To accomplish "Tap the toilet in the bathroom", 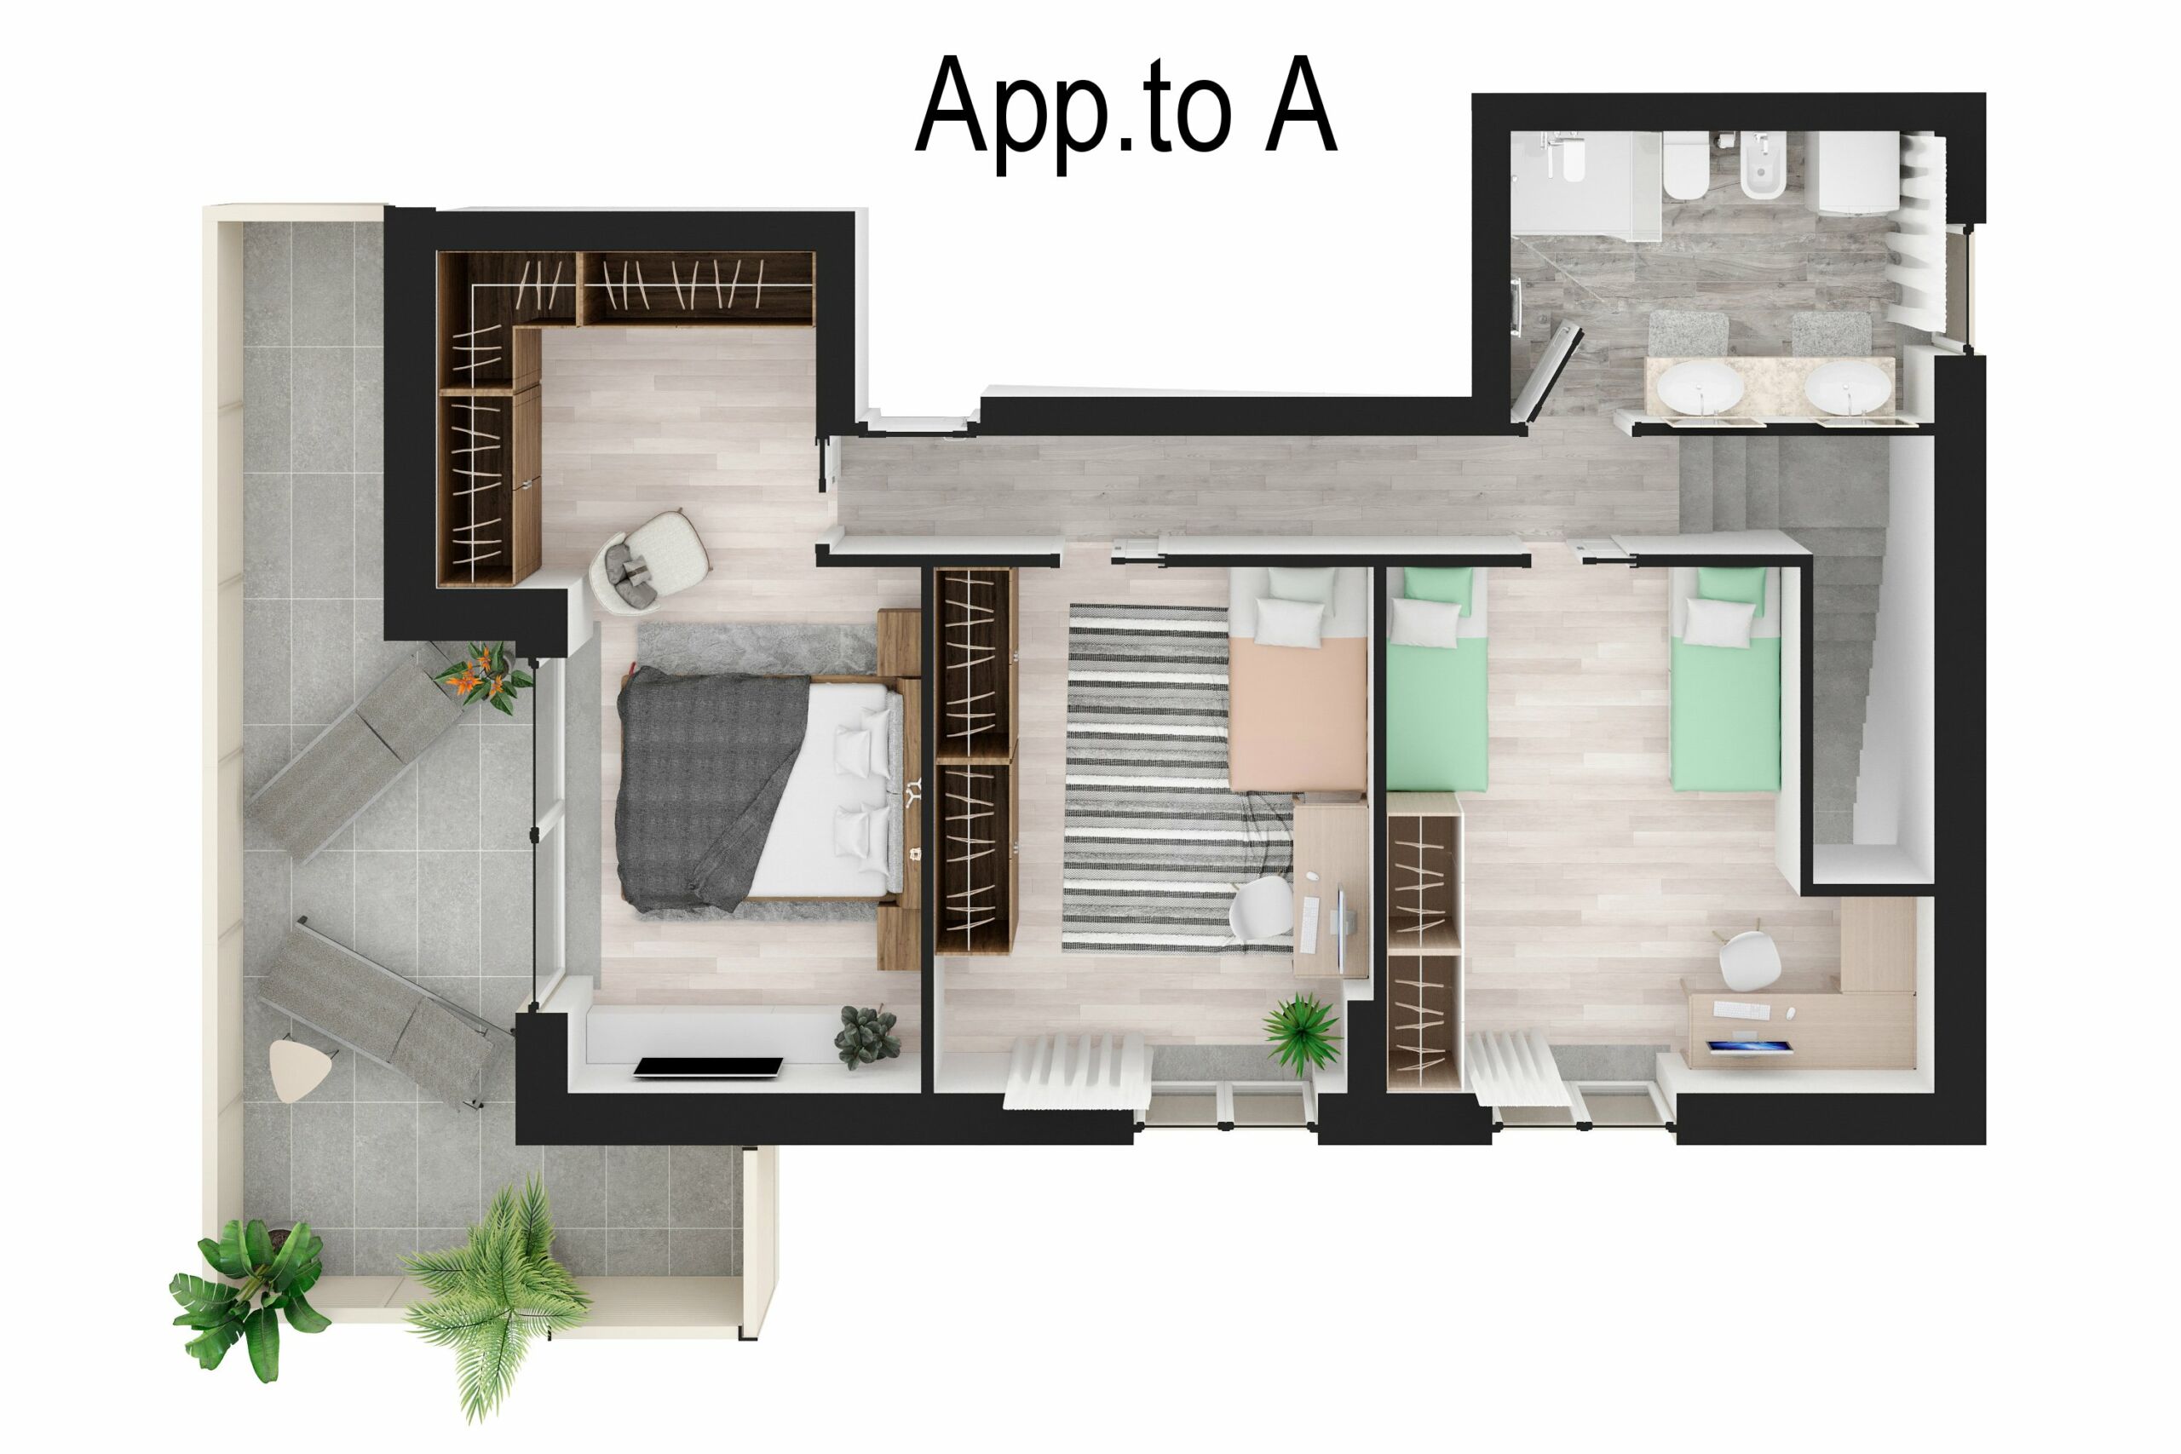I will (x=1686, y=167).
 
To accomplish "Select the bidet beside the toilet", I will (x=1762, y=167).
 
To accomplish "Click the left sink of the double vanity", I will (x=1700, y=386).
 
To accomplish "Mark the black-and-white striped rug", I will (x=1150, y=779).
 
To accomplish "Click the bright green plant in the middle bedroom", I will (x=1302, y=1032).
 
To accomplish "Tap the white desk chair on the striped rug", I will (x=1261, y=905).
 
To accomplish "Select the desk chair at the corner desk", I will (x=1749, y=960).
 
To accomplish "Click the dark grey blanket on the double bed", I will (x=705, y=788).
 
